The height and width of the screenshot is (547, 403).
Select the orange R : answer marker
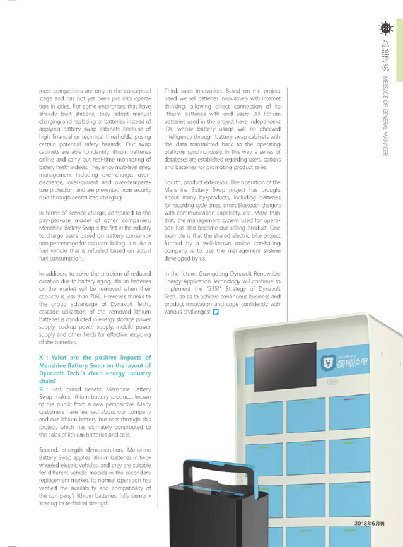click(43, 390)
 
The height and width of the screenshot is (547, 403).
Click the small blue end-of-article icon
click(216, 312)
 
